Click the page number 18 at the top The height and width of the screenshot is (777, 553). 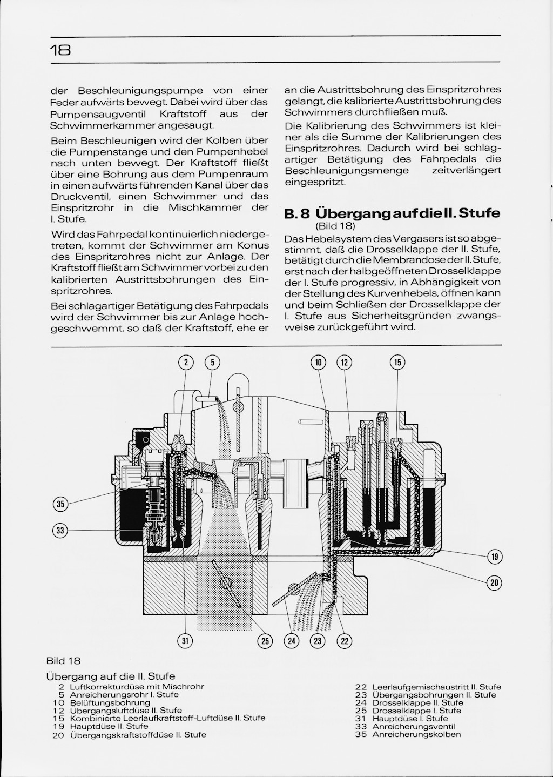[x=60, y=50]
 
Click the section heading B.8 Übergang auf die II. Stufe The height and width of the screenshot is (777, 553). [x=392, y=212]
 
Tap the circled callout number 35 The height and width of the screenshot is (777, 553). [x=60, y=505]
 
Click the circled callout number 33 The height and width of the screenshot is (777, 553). [x=60, y=531]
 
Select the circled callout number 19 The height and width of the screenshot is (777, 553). [x=495, y=557]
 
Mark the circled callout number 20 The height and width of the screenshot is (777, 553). [x=495, y=582]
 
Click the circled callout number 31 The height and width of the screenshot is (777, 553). [x=185, y=641]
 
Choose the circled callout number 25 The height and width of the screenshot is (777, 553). [x=265, y=641]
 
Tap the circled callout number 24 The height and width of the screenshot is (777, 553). [x=292, y=641]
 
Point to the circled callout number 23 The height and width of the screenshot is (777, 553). [x=318, y=641]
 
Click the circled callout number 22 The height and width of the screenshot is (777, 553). [x=344, y=641]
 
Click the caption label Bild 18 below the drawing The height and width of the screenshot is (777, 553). [x=63, y=661]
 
